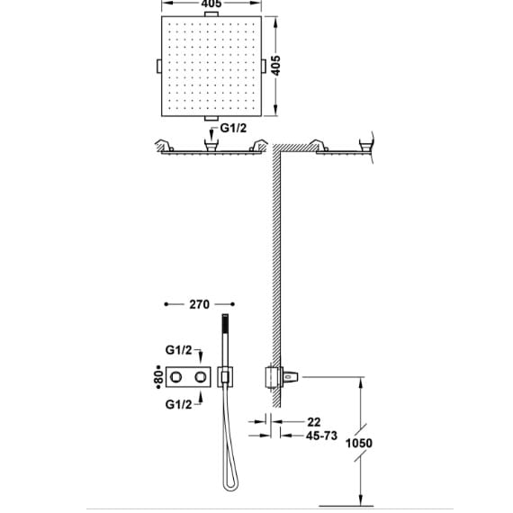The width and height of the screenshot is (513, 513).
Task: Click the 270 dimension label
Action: [x=199, y=304]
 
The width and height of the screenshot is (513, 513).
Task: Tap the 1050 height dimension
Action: [x=359, y=444]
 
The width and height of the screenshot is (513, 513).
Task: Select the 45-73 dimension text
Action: [x=321, y=436]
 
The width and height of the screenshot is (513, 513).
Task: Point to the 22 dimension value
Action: [x=314, y=422]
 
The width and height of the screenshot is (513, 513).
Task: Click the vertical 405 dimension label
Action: [x=276, y=66]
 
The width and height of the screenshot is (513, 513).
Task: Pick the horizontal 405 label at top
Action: [x=211, y=4]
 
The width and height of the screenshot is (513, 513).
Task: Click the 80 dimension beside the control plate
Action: [x=159, y=377]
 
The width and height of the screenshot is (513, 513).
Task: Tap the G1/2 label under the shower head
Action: [x=233, y=128]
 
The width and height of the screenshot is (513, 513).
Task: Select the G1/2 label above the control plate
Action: [x=178, y=350]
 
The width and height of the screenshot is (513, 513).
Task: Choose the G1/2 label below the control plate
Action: [x=178, y=405]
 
